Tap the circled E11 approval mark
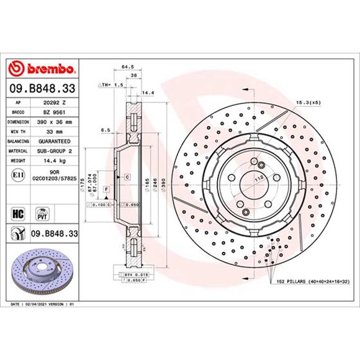pyautogui.click(x=18, y=176)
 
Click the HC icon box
pyautogui.click(x=19, y=213)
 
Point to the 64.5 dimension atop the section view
pyautogui.click(x=127, y=66)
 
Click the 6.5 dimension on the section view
pyautogui.click(x=106, y=131)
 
